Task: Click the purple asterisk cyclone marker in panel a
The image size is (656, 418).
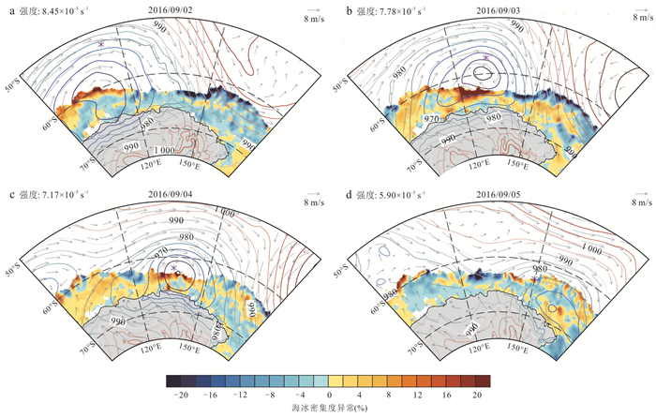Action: coord(101,44)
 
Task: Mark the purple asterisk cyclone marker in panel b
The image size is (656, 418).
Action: coord(485,58)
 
